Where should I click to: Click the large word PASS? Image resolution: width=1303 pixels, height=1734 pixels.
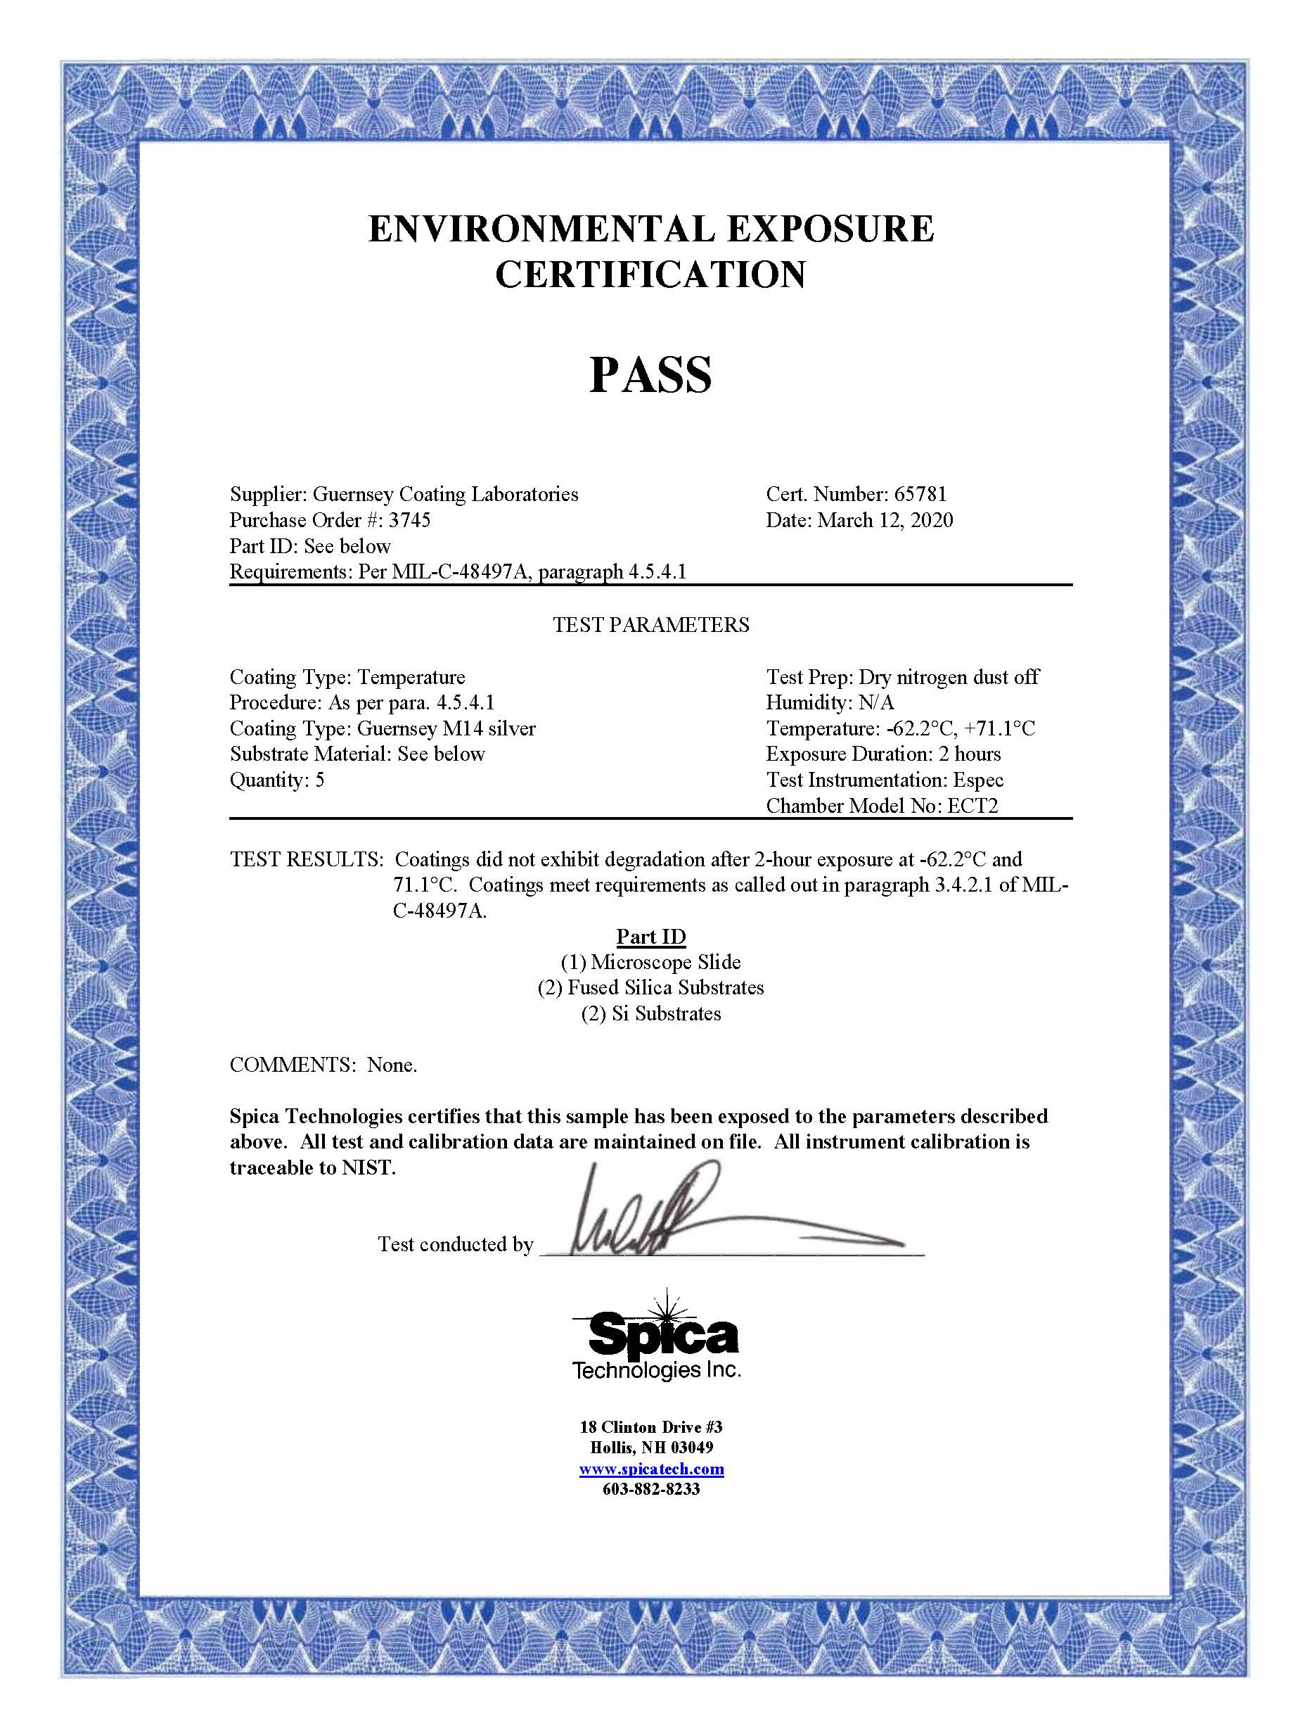(650, 376)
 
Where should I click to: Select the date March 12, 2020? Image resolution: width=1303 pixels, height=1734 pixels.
(885, 521)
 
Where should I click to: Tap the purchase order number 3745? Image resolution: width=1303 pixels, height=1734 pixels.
(409, 521)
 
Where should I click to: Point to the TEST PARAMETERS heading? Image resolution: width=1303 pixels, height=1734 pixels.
(650, 625)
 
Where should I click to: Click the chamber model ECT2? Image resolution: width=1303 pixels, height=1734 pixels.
(973, 806)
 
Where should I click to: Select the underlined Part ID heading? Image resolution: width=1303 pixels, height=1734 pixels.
(650, 937)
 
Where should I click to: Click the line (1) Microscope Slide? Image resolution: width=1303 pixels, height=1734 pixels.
(650, 962)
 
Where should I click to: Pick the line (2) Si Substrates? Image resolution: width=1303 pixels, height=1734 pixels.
(650, 1013)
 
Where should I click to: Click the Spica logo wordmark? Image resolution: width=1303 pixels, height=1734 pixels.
(663, 1336)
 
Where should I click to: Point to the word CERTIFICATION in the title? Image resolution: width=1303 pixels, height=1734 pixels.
(650, 274)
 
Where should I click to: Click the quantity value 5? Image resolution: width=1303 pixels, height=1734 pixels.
(320, 780)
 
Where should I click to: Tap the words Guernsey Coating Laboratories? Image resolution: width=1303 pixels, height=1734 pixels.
(445, 494)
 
